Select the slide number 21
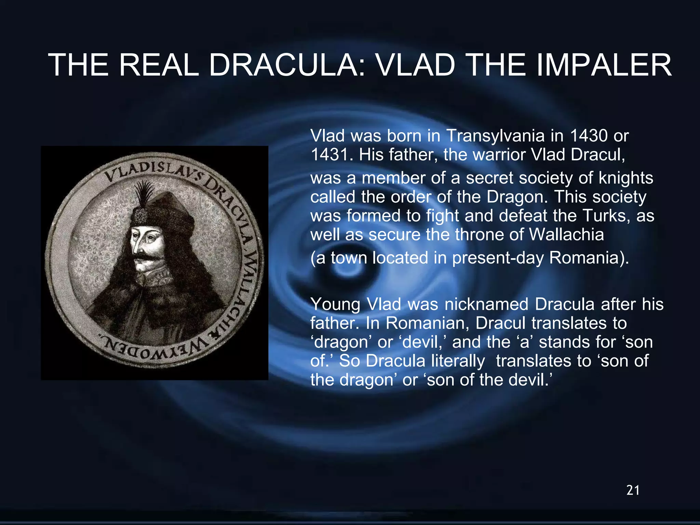pos(633,490)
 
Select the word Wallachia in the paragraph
pos(566,234)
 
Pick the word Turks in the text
pos(607,216)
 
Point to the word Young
pos(335,304)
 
